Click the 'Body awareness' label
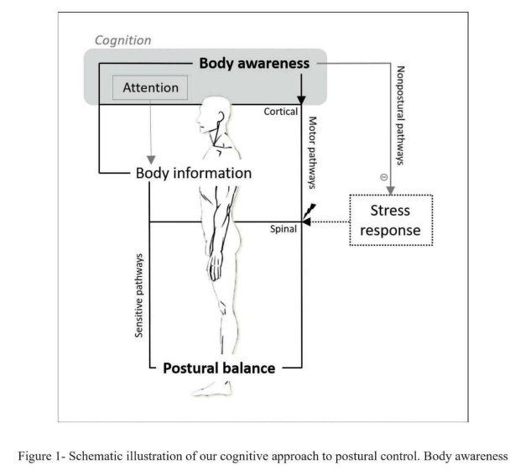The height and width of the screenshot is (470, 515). [254, 64]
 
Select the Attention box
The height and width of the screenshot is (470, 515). [150, 87]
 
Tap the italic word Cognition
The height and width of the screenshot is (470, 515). [122, 40]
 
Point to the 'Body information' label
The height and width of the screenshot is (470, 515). [194, 173]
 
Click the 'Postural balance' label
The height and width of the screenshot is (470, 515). [219, 368]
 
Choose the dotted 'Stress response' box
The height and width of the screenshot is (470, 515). [391, 220]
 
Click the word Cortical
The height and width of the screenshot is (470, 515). [281, 112]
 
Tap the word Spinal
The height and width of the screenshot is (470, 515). [284, 229]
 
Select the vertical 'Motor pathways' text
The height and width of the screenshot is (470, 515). [312, 153]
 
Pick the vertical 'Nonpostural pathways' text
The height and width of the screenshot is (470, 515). [400, 115]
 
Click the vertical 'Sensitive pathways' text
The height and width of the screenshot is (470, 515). [139, 295]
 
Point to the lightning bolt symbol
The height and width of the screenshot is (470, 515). [310, 211]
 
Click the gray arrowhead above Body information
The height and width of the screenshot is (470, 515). [151, 160]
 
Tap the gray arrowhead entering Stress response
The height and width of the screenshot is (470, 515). [391, 191]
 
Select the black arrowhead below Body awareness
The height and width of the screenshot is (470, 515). [301, 100]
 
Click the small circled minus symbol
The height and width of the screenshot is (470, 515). [383, 177]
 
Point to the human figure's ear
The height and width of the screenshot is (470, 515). [221, 117]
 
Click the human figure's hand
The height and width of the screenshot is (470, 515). [215, 267]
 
